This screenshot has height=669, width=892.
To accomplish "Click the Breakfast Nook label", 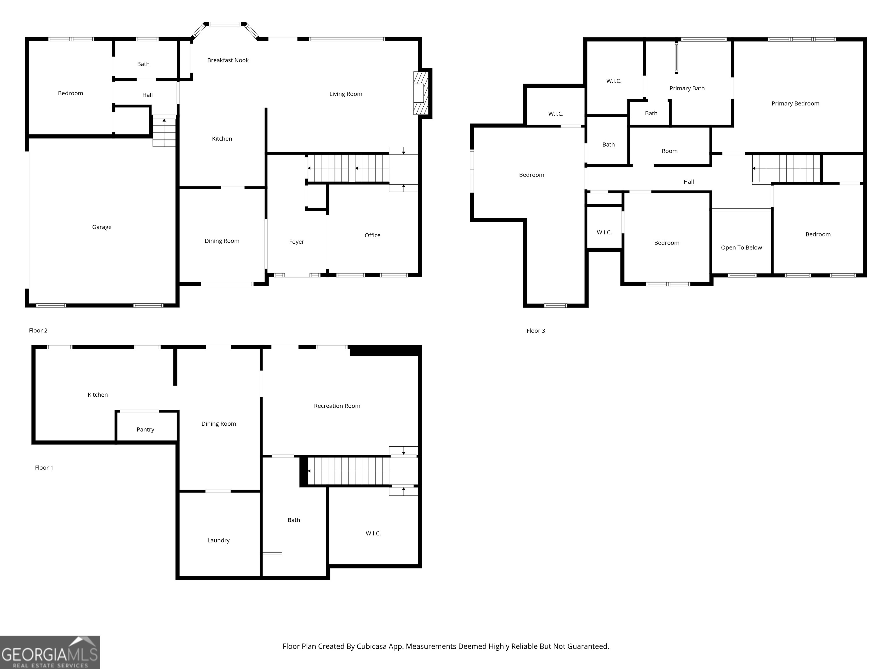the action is [x=228, y=60].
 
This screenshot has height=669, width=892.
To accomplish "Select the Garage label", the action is [x=102, y=227].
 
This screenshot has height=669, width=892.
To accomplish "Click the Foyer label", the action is [x=296, y=242].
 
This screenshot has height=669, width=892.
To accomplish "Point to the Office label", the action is [x=372, y=235].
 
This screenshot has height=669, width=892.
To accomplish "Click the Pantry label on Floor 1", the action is [x=145, y=429].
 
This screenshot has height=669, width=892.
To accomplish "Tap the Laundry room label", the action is [x=218, y=540].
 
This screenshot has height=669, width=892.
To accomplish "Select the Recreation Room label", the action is [x=337, y=406].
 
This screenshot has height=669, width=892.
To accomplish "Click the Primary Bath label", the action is [x=687, y=88].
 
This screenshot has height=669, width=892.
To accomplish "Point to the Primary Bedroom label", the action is [x=795, y=104].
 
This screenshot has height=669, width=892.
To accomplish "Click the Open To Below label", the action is [x=741, y=248].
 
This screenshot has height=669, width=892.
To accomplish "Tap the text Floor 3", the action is [x=535, y=331].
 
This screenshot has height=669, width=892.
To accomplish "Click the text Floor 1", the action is [x=44, y=468].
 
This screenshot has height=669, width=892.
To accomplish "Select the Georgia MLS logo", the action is [x=50, y=652].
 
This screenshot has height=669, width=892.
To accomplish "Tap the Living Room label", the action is [x=346, y=94].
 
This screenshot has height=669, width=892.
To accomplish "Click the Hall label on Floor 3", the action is [x=688, y=182].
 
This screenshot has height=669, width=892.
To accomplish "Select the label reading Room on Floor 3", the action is [x=669, y=151].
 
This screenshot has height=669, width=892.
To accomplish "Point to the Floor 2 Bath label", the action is [x=143, y=64].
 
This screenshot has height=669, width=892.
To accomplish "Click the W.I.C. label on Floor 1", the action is [x=373, y=533].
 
